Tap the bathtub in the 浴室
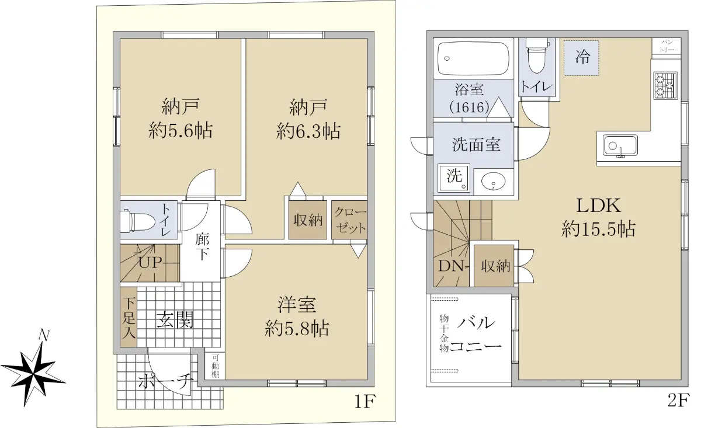(x=473, y=58)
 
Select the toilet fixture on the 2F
(x=537, y=55)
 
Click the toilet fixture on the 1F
(x=138, y=221)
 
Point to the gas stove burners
(x=665, y=86)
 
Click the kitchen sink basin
(x=620, y=145)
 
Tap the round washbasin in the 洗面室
(x=493, y=181)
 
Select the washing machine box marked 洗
(x=454, y=178)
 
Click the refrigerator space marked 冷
(x=581, y=58)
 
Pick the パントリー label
(x=667, y=46)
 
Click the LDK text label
(x=598, y=206)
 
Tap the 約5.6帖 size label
(x=181, y=131)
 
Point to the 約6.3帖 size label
(x=308, y=131)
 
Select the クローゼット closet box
(x=349, y=220)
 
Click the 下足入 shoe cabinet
(x=129, y=317)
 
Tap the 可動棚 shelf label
(x=216, y=366)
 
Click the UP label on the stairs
(x=150, y=263)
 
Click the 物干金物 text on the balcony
(x=444, y=333)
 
